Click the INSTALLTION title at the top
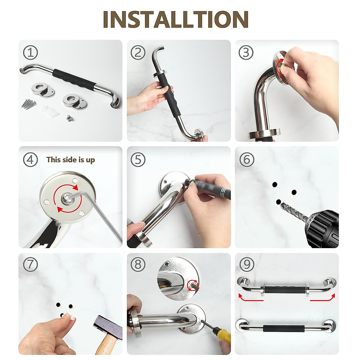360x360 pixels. click(x=175, y=19)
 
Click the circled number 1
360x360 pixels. click(x=31, y=52)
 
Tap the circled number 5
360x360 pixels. click(x=138, y=159)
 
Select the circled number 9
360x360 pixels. click(x=247, y=264)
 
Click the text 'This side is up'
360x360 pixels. click(x=70, y=160)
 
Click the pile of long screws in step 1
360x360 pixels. click(x=29, y=104)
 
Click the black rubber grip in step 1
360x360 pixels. click(x=74, y=80)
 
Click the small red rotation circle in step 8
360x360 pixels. click(x=193, y=285)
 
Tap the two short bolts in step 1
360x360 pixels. click(x=70, y=118)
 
